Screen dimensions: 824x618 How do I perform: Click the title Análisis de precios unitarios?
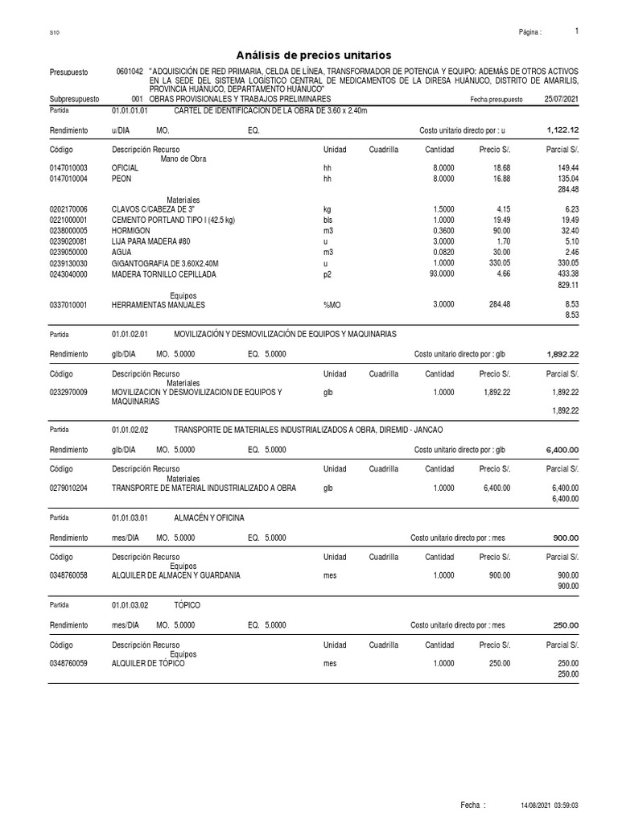click(313, 55)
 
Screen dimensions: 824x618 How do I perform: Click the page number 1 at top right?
click(577, 31)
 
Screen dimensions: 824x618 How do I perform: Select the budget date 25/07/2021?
click(561, 99)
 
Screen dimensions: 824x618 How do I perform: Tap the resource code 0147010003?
click(68, 167)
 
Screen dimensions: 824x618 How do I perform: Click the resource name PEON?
click(122, 178)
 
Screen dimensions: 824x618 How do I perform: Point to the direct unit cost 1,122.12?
click(562, 130)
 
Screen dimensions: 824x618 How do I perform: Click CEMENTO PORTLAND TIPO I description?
click(173, 220)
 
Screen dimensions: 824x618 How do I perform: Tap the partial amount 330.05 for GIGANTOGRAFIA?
click(563, 263)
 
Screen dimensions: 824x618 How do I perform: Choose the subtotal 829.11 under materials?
click(568, 285)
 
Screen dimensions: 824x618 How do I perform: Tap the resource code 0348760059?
click(68, 663)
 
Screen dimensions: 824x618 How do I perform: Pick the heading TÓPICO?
click(187, 604)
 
